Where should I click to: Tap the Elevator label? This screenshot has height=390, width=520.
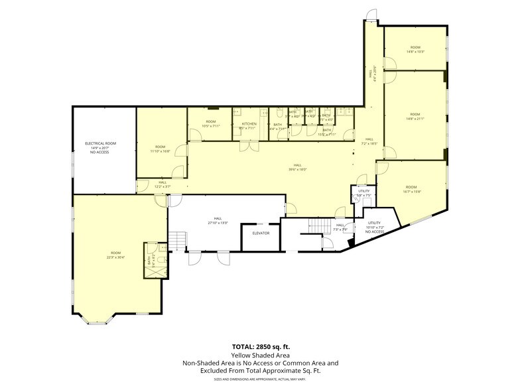(261, 233)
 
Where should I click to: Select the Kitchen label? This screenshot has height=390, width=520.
(249, 124)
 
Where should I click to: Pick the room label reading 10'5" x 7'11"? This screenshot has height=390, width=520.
(211, 124)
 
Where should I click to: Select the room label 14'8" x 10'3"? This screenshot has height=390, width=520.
(415, 49)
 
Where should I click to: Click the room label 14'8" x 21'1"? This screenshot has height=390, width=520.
(415, 117)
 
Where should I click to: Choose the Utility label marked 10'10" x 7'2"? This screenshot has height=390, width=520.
(374, 227)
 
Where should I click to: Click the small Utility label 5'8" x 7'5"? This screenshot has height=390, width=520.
(363, 193)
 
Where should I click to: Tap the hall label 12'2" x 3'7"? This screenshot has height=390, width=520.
(162, 184)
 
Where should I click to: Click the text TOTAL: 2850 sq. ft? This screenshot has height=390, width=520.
(260, 346)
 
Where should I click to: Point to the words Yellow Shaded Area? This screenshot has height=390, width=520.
(260, 355)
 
